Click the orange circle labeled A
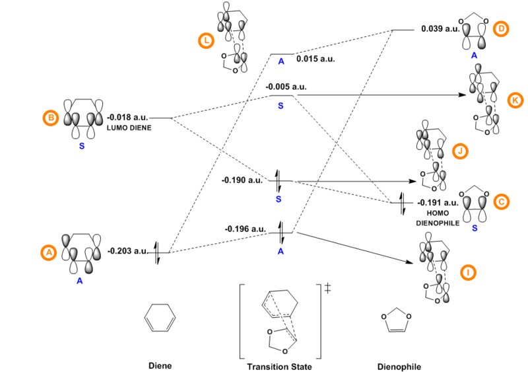coord(47,252)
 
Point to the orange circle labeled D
coord(500,29)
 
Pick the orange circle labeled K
coord(515,100)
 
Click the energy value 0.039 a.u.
coord(440,30)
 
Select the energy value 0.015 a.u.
coord(315,59)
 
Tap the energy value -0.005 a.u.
coord(286,87)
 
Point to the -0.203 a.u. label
coord(127,251)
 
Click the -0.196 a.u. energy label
coord(245,229)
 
